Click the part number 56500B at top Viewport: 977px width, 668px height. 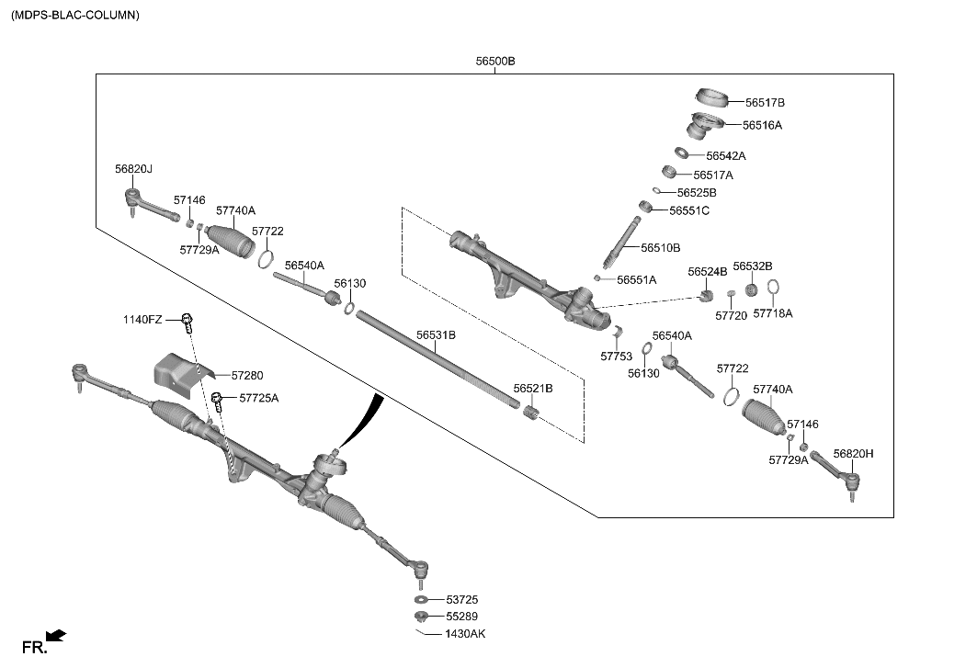point(495,62)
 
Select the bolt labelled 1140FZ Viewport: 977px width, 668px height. point(187,322)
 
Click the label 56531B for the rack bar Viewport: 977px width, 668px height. point(436,335)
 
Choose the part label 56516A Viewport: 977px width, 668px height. point(762,125)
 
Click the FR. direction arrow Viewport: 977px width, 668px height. point(55,635)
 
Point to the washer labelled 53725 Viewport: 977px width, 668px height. point(420,599)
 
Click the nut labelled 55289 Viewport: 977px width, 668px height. point(420,616)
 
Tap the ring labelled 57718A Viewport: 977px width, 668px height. point(773,289)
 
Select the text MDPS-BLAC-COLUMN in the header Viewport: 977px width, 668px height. point(75,15)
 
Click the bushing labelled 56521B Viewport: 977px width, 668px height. point(529,415)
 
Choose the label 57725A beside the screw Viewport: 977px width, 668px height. point(258,398)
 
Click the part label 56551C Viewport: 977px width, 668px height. point(688,210)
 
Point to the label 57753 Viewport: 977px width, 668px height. point(616,356)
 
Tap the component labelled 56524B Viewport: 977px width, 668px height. point(707,295)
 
